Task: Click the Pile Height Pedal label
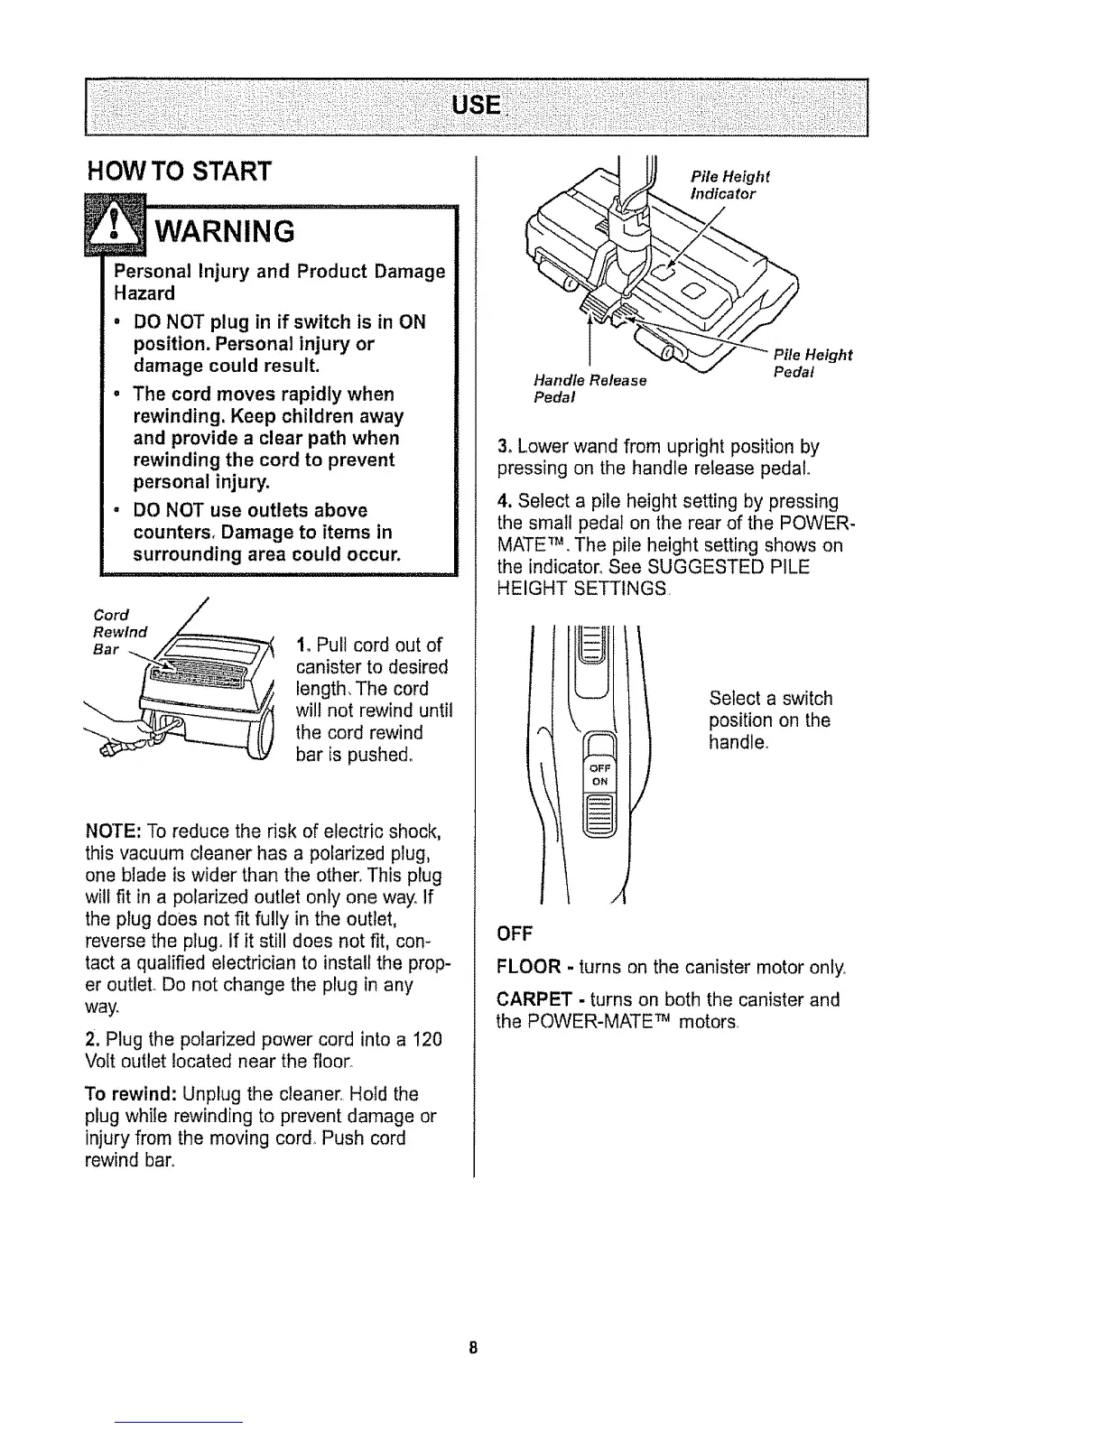click(812, 363)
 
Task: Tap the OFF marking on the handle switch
click(599, 768)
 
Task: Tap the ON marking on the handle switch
click(599, 781)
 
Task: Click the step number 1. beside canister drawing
click(303, 645)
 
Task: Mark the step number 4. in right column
click(504, 501)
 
